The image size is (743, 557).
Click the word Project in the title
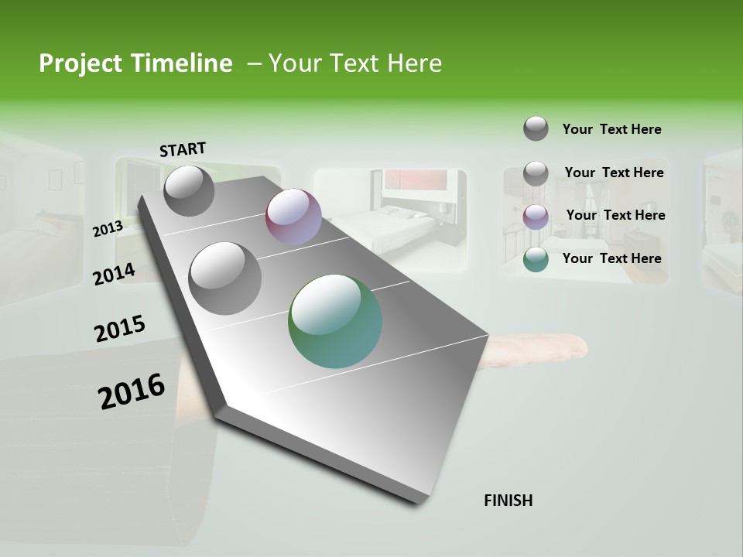[78, 63]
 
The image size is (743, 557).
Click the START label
[183, 149]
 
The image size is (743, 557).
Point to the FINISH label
[508, 501]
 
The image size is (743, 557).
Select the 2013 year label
[108, 229]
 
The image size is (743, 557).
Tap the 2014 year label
[114, 274]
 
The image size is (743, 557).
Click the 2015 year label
[119, 329]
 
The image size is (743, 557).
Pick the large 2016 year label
[131, 391]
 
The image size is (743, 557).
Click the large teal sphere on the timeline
[335, 321]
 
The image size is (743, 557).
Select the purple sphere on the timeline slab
[293, 217]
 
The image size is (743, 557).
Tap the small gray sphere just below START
[189, 190]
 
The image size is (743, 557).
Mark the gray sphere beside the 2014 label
[225, 278]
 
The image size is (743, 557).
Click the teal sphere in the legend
[536, 259]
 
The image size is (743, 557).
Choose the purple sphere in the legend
[536, 216]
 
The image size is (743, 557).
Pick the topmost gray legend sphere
[536, 128]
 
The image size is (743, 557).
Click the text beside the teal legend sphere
[611, 258]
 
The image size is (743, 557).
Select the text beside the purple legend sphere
[615, 215]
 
